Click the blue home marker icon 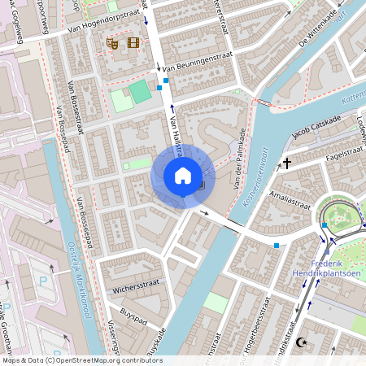click(183, 176)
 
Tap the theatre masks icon click(112, 43)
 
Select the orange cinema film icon click(133, 42)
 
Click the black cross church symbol click(286, 163)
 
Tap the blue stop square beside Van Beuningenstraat click(166, 81)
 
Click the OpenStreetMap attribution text click(81, 360)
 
